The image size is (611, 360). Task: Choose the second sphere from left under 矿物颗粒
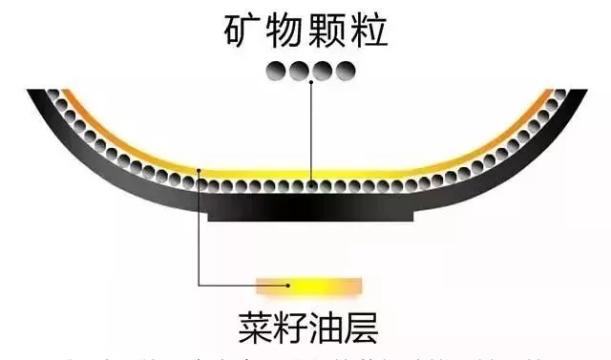point(299,71)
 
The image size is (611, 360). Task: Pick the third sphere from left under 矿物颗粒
point(321,71)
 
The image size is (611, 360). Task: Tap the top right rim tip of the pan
point(576,94)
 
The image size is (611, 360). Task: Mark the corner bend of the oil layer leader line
point(198,283)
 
